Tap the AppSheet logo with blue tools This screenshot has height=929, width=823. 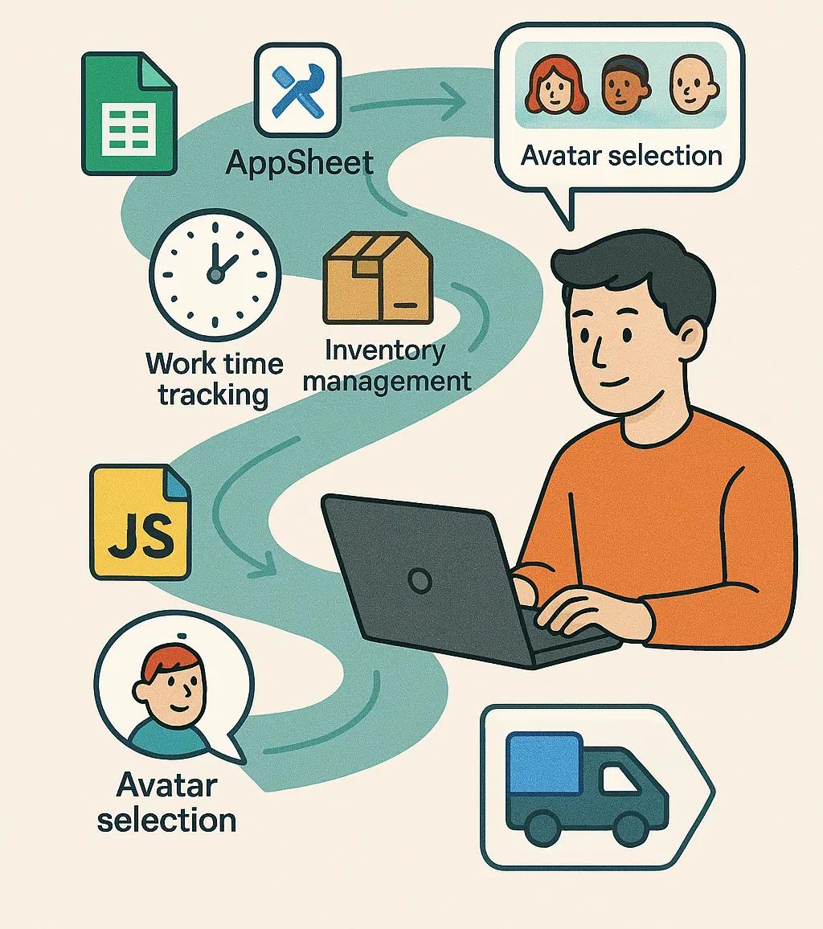coord(297,90)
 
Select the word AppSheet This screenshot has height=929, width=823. coord(299,163)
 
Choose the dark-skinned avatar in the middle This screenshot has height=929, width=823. coord(622,85)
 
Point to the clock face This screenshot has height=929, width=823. coord(215,273)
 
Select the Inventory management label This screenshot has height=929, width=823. coord(387,366)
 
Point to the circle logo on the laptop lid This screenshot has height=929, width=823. coord(419,579)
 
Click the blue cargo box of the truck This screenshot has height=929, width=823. coord(545,763)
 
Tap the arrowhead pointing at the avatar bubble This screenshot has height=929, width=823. coord(453,104)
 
